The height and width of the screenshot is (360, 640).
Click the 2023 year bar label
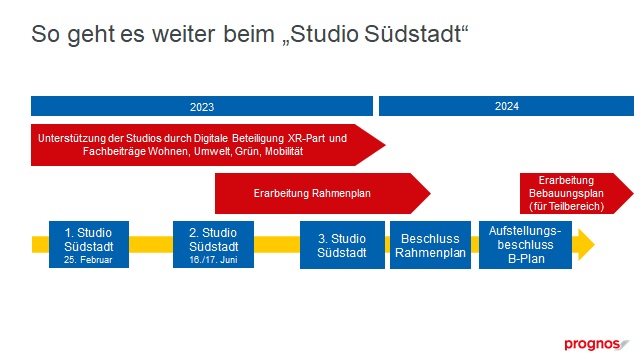[202, 107]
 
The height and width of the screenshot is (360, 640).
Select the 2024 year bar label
[507, 106]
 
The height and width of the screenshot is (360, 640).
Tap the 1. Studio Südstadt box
[89, 244]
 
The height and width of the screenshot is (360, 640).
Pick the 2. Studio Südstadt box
[213, 244]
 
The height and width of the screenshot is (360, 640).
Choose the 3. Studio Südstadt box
[342, 245]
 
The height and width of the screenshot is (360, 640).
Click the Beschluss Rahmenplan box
[430, 245]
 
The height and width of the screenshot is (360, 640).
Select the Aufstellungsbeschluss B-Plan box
[525, 245]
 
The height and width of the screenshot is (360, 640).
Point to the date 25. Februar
[88, 260]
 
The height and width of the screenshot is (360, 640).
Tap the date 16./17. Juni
[213, 260]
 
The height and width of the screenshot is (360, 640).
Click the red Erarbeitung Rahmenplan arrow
[322, 193]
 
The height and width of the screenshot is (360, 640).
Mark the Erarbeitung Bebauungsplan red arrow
[576, 193]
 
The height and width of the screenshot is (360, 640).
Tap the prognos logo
[597, 344]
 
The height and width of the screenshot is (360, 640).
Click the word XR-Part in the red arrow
[307, 138]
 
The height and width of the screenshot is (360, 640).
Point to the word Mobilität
[284, 151]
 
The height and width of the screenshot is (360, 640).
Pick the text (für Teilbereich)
[567, 207]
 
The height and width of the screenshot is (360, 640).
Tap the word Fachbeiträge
[114, 152]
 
